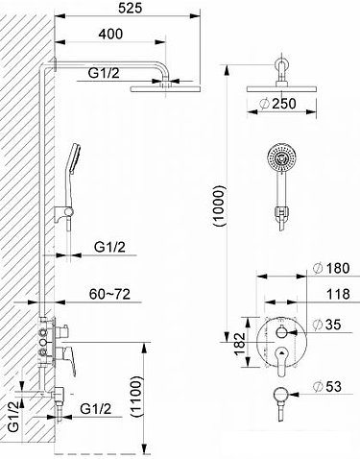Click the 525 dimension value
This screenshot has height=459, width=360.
click(x=130, y=8)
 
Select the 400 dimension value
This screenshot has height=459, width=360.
click(x=110, y=34)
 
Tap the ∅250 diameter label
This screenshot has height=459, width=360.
click(x=277, y=104)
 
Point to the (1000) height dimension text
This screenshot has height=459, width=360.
click(x=220, y=205)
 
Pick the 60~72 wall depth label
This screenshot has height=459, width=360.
click(x=109, y=294)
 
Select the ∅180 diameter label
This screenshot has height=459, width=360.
click(x=331, y=268)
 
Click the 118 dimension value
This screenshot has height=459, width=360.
click(x=338, y=294)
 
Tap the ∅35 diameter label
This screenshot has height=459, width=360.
click(x=327, y=325)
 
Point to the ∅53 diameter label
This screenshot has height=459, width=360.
click(x=327, y=386)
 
